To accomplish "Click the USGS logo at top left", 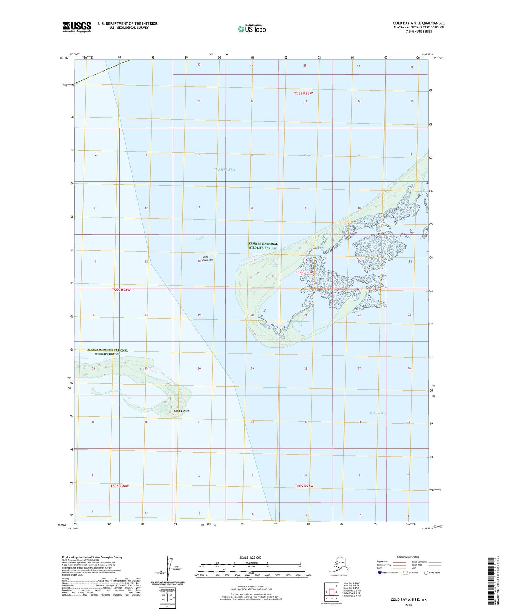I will (x=77, y=27).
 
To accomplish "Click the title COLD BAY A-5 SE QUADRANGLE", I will (x=419, y=23).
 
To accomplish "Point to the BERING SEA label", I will (x=224, y=170).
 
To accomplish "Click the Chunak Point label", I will (x=181, y=411).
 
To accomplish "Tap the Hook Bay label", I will (x=274, y=265).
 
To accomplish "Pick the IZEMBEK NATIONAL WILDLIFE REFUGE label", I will (x=262, y=246).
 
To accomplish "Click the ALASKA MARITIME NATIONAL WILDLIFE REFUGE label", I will (x=107, y=352).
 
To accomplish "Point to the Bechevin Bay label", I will (x=378, y=413).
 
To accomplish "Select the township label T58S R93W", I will (x=303, y=93).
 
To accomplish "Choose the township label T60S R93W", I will (x=304, y=486).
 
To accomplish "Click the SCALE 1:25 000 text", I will (x=251, y=558).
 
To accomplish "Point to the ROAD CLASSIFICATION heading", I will (x=408, y=557).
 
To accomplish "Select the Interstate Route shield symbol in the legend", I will (x=380, y=573).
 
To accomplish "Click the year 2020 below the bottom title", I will (x=408, y=605).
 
